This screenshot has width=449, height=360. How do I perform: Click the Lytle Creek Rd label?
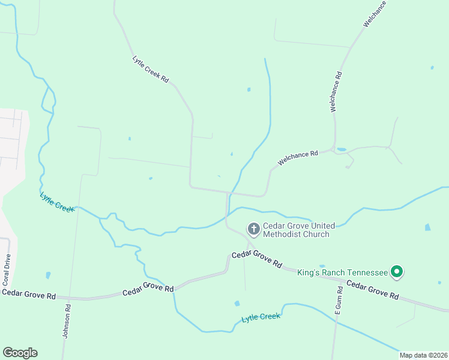tap(151, 70)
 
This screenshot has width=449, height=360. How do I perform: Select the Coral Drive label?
tap(7, 270)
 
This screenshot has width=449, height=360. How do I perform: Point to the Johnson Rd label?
tap(68, 323)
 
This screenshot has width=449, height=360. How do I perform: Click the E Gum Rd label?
tap(338, 301)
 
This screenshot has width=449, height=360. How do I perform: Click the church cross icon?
tap(253, 229)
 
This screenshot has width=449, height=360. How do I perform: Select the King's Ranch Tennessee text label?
tap(342, 272)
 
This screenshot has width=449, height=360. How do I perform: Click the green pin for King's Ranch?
tap(396, 272)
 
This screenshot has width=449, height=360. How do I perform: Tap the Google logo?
tap(20, 353)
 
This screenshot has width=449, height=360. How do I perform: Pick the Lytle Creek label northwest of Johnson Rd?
tap(57, 201)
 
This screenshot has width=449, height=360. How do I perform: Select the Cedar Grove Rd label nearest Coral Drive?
tap(29, 294)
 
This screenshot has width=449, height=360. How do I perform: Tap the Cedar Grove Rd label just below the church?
tap(256, 259)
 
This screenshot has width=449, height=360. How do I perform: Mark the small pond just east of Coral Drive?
tap(48, 275)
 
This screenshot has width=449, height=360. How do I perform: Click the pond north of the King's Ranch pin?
tap(427, 228)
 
